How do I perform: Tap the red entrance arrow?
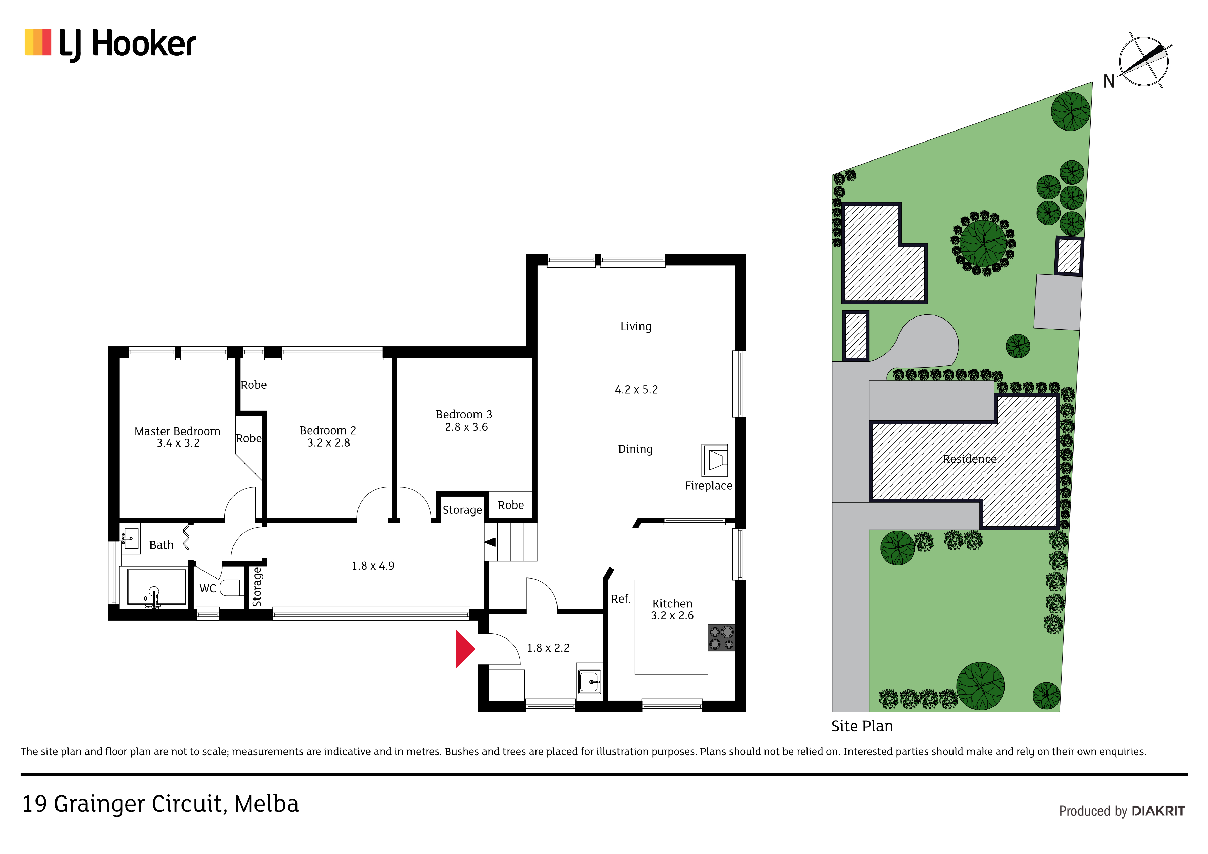pos(465,649)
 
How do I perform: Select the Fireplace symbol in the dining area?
pos(715,460)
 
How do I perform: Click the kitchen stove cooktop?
pos(721,638)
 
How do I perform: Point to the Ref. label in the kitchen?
pos(620,599)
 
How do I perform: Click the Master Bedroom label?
pos(177,431)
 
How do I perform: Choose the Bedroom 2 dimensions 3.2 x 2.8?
pos(328,443)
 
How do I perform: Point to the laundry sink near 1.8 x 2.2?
pos(589,682)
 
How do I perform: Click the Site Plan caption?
pos(862,726)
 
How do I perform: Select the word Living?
pos(636,327)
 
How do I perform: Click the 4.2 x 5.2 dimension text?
pos(636,390)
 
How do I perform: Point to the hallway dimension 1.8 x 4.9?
pos(373,566)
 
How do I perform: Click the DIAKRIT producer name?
pos(1158,811)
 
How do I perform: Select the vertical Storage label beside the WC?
pos(257,587)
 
